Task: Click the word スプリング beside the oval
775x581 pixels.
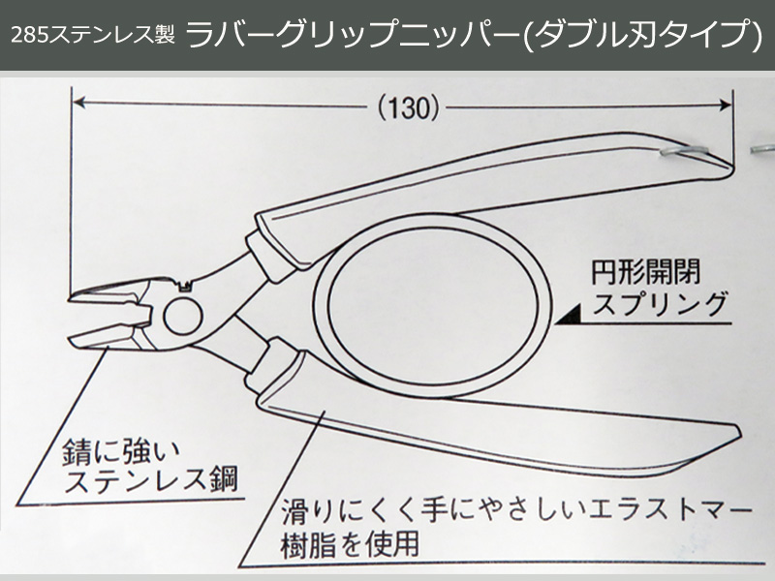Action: pyautogui.click(x=659, y=306)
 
